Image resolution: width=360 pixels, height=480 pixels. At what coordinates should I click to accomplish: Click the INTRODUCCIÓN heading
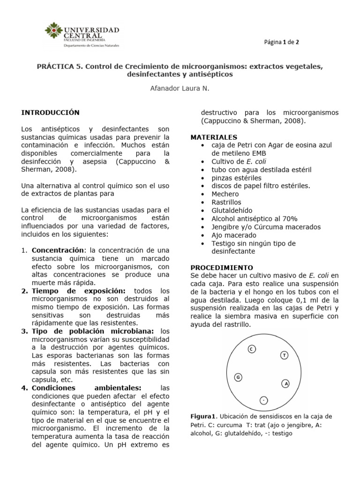(51, 113)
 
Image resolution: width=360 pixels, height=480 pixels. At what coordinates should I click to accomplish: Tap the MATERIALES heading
(214, 137)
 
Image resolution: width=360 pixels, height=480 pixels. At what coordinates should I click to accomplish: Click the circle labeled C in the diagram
(251, 349)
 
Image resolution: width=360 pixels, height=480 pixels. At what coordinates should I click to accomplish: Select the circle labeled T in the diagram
(284, 355)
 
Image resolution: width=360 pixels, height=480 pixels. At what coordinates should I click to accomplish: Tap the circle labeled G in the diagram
(238, 377)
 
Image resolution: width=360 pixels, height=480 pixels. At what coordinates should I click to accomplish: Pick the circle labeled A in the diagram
(285, 383)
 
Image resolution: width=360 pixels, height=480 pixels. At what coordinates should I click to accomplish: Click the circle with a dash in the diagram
(263, 400)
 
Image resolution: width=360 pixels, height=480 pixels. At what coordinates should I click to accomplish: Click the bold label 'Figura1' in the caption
(203, 416)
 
